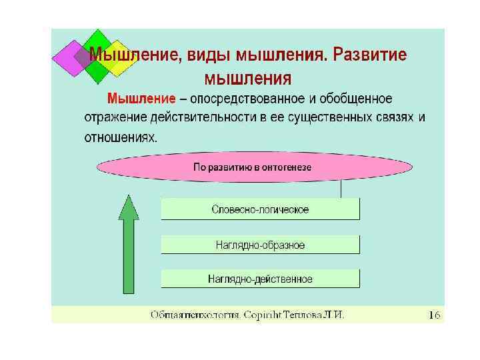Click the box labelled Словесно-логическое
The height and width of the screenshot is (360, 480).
[x=260, y=209]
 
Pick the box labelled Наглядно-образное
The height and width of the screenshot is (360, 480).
[x=260, y=245]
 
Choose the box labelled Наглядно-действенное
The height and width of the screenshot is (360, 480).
[x=260, y=279]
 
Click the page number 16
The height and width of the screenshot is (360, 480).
[x=434, y=315]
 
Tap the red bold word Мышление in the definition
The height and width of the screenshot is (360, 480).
[x=142, y=99]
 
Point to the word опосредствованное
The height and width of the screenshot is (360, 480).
[x=248, y=99]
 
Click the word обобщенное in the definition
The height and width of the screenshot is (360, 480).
[x=357, y=99]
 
